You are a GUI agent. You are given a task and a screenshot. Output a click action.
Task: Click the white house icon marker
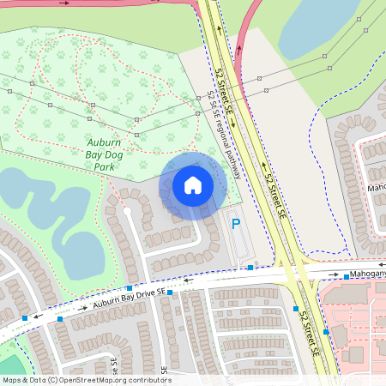(193, 184)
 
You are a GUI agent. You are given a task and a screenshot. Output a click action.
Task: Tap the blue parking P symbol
(236, 224)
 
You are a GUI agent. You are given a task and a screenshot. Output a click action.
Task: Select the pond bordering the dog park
(43, 214)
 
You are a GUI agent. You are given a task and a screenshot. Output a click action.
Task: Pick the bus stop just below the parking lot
(250, 268)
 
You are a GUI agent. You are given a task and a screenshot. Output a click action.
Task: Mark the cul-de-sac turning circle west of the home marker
(127, 208)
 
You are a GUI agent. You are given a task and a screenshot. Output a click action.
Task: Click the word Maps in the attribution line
(13, 380)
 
